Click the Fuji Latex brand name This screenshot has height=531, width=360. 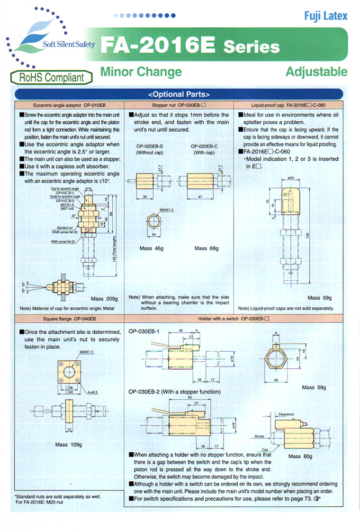point(325,16)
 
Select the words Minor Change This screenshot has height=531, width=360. point(141,72)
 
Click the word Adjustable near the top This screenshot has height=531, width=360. point(316,72)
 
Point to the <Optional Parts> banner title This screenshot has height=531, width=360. point(179,94)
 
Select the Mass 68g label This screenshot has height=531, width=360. point(207,248)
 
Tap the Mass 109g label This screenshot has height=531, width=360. point(69,444)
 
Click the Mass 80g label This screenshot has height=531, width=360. point(301,457)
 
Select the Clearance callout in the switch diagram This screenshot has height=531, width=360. point(286,414)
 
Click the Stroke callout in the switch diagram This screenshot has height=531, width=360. point(260,435)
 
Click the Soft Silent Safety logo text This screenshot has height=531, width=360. point(69,45)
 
